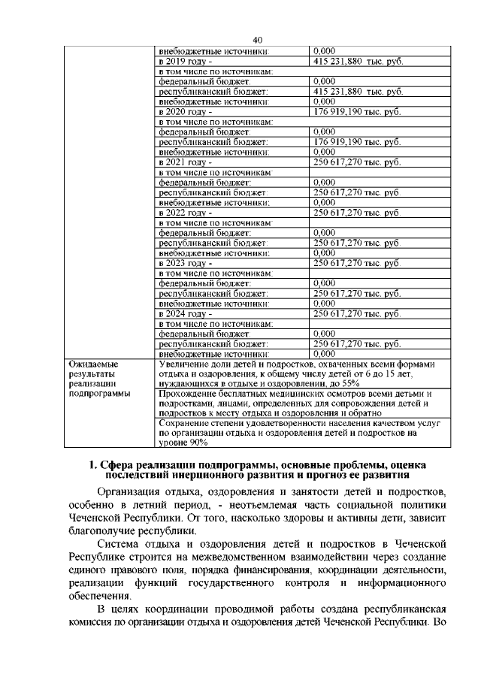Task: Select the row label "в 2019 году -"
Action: coord(185,60)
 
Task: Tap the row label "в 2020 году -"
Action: coord(185,111)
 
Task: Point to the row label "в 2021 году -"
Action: coord(185,162)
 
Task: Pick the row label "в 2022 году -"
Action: coord(185,213)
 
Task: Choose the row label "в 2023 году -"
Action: coord(185,263)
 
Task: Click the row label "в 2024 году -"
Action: coord(185,313)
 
